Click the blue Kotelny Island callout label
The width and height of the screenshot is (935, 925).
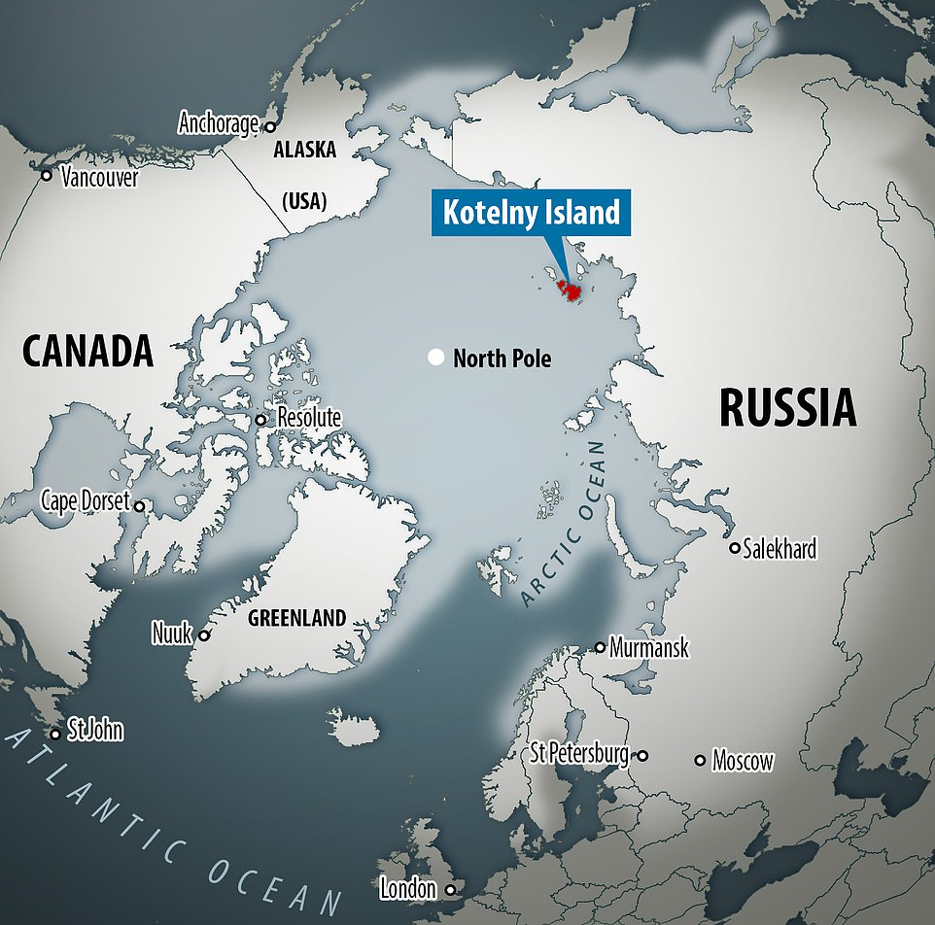[532, 213]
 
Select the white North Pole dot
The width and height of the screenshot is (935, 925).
[436, 359]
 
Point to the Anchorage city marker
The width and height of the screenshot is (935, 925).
[270, 126]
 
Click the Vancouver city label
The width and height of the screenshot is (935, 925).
[99, 178]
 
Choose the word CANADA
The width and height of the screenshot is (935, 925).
[87, 352]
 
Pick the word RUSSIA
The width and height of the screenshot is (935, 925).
[787, 408]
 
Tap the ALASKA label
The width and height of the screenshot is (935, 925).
[304, 151]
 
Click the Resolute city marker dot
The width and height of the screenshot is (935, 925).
[260, 420]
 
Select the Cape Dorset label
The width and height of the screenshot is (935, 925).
[86, 501]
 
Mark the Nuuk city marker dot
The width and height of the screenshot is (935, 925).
[204, 636]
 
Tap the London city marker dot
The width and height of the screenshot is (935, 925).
[449, 889]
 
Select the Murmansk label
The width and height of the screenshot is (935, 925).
[649, 648]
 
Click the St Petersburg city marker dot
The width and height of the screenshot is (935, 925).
[642, 755]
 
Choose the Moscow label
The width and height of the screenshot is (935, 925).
[743, 761]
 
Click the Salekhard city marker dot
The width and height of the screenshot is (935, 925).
[735, 548]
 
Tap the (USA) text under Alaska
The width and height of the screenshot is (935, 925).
[304, 201]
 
